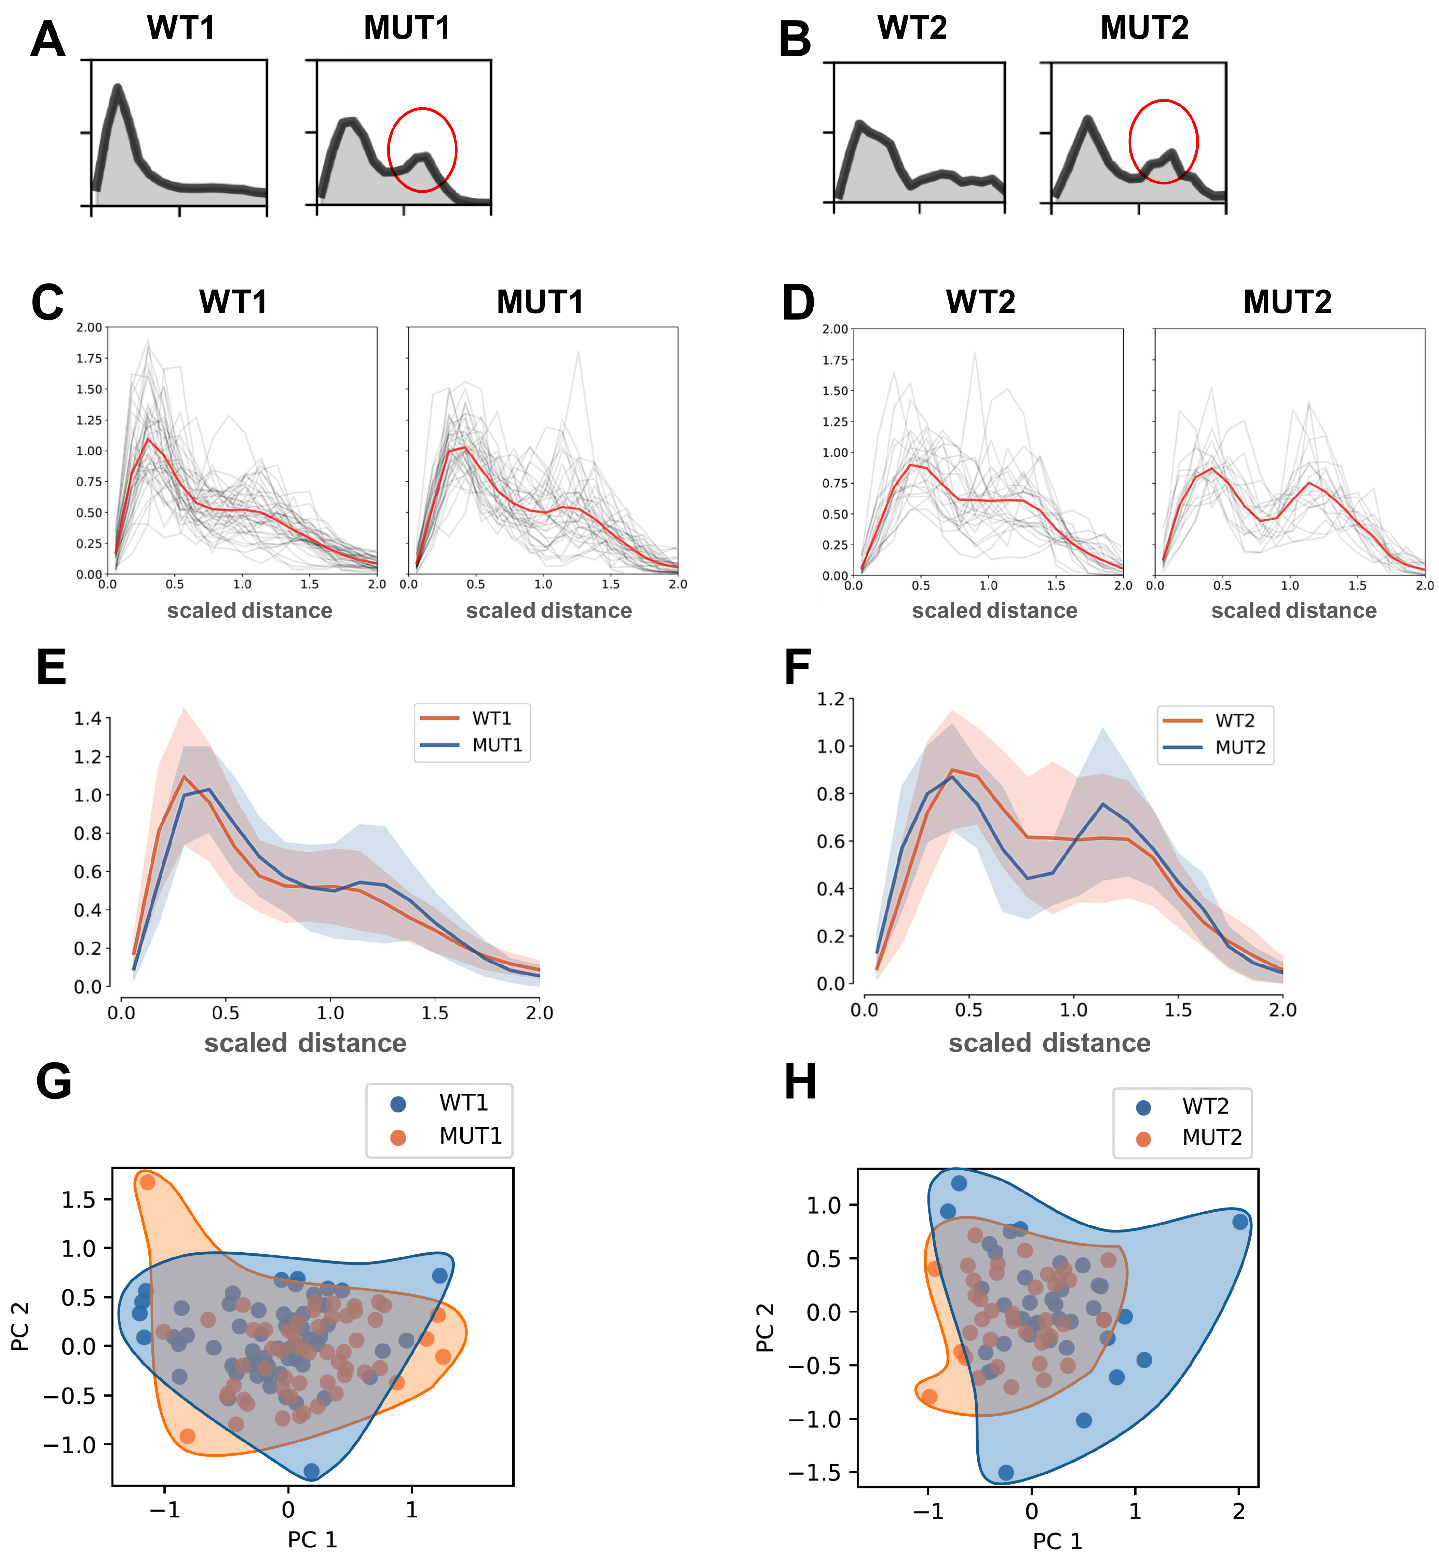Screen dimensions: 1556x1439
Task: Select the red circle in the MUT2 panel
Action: tap(1163, 142)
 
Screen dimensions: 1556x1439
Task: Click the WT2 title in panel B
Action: tap(912, 29)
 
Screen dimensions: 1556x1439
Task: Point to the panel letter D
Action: tap(798, 304)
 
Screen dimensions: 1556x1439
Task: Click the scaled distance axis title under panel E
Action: tap(305, 1043)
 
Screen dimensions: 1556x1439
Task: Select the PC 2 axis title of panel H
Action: tap(765, 1327)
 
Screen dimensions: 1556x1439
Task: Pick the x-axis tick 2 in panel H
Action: tap(1239, 1512)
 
